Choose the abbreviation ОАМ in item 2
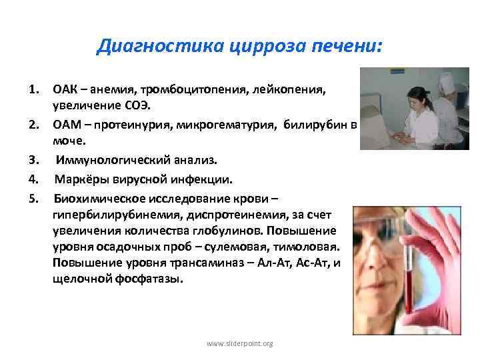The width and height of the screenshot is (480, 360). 67,124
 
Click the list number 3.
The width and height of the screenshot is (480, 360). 33,160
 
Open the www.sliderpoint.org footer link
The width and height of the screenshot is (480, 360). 240,343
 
